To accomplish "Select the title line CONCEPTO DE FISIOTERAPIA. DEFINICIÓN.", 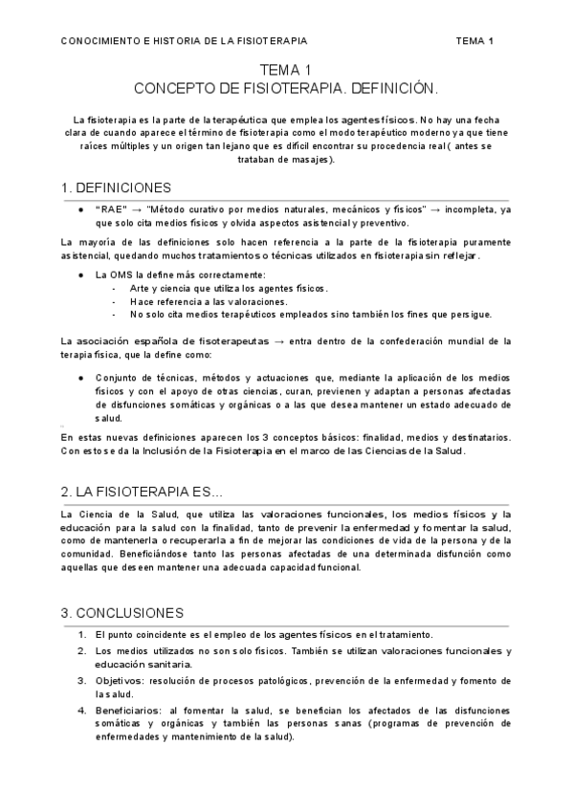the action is [286, 87].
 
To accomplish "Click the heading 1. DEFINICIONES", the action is [116, 186].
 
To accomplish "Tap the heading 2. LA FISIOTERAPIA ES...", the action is [141, 492].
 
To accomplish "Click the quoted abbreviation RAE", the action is [111, 209].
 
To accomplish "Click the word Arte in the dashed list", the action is [142, 288].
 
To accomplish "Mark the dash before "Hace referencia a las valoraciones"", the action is [115, 301].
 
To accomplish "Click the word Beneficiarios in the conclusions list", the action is [126, 711].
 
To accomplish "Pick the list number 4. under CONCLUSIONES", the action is [82, 711].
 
